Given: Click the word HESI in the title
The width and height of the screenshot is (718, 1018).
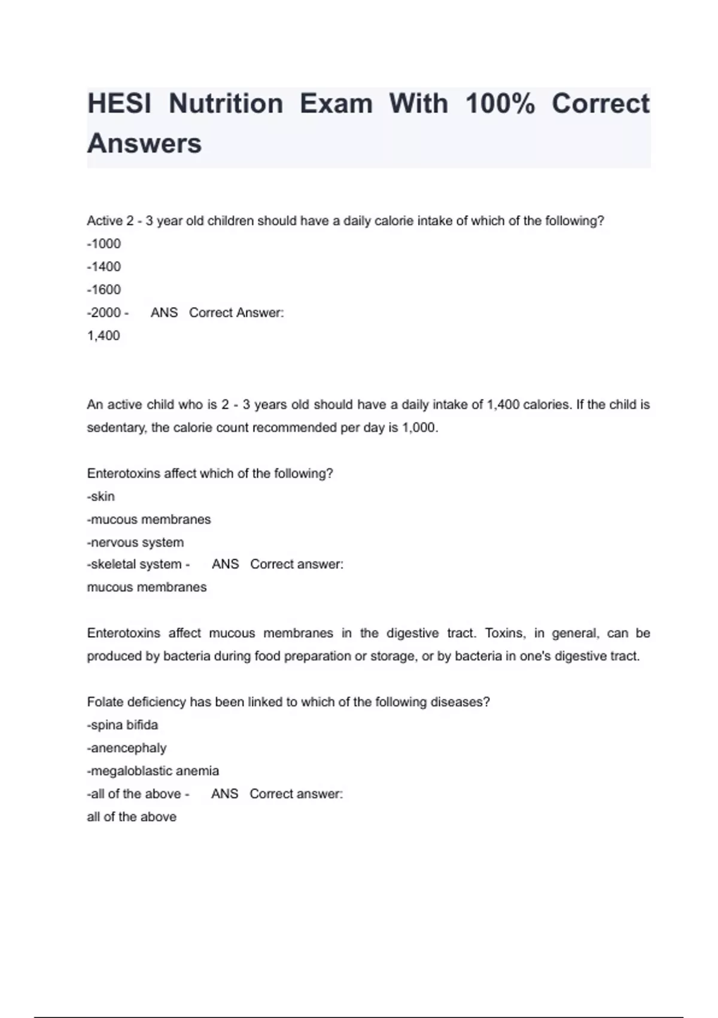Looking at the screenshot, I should (x=119, y=104).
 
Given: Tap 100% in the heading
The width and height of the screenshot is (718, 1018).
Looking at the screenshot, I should (x=500, y=104).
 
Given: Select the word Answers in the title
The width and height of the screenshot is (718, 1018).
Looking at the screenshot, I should (x=144, y=144).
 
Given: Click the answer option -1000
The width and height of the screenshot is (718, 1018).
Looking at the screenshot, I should (x=104, y=244).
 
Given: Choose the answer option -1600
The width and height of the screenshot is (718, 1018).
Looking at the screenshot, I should (x=104, y=290).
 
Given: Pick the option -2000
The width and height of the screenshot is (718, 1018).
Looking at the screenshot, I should (x=105, y=313).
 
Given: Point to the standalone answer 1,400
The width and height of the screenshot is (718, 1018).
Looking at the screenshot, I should (x=104, y=335).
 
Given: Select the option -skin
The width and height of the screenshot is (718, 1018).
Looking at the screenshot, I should (x=101, y=496).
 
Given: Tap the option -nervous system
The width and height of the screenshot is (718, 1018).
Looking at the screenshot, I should (x=135, y=543).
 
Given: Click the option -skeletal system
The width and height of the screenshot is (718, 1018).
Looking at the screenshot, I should (x=135, y=564).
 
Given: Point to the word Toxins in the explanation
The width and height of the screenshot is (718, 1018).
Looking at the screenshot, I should (x=505, y=634).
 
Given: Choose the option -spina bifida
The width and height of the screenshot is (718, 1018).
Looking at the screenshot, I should (x=123, y=725).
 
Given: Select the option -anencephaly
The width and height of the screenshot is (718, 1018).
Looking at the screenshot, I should (x=127, y=748).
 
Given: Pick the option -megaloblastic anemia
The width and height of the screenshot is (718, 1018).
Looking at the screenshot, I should (x=153, y=771).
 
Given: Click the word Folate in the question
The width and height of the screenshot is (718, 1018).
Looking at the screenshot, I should (x=104, y=702).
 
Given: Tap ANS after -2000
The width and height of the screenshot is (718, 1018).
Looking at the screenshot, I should (x=164, y=313).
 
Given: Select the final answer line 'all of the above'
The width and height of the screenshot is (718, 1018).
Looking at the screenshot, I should (x=132, y=817).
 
